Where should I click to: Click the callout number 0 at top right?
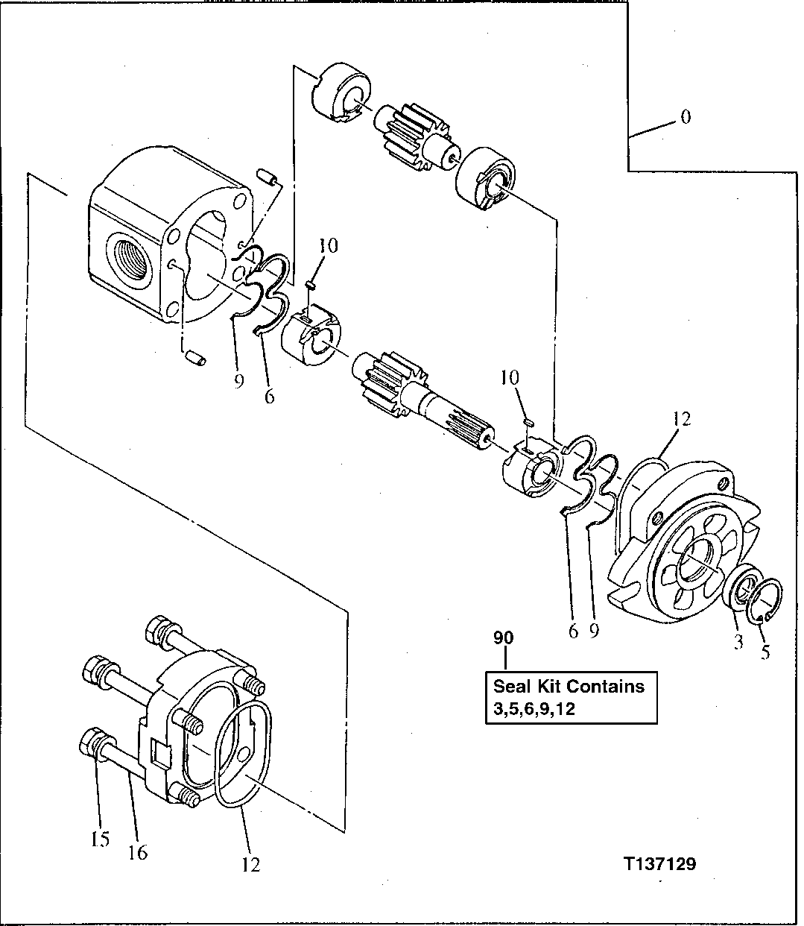point(685,117)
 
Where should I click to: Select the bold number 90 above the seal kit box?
point(504,638)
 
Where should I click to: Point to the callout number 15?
point(100,839)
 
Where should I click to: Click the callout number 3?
point(738,642)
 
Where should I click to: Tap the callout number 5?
point(765,651)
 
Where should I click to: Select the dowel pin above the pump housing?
point(267,177)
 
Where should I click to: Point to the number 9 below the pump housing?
point(238,381)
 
